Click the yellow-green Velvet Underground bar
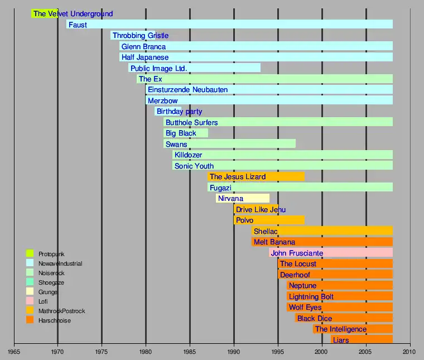click(x=45, y=14)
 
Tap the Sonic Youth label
click(x=194, y=166)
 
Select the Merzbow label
click(x=162, y=101)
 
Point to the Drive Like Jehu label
click(x=261, y=209)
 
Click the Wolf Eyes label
click(x=305, y=307)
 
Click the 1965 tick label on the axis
click(x=14, y=352)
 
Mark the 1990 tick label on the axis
click(x=234, y=352)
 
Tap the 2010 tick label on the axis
click(x=410, y=352)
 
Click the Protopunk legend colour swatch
click(x=30, y=254)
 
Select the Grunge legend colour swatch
click(x=30, y=291)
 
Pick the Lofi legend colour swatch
click(x=30, y=301)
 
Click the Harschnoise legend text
click(x=55, y=320)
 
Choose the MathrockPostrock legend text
click(x=61, y=311)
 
